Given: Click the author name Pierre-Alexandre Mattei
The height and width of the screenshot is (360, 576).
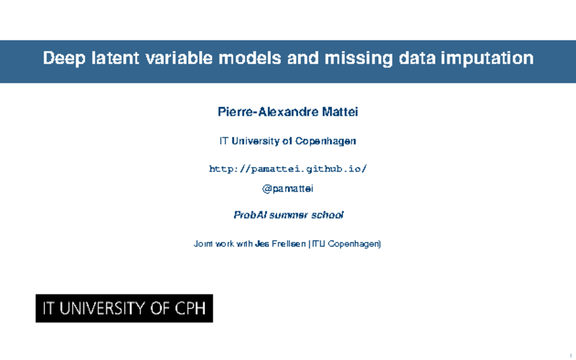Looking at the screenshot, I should click(288, 112).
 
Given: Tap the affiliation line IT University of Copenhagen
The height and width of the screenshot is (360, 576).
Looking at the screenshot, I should click(288, 141).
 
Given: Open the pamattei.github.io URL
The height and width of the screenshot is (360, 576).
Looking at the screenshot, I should click(288, 169).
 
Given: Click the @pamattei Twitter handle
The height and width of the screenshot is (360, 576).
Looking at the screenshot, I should click(288, 189).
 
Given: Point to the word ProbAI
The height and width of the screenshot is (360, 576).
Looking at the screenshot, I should click(250, 215).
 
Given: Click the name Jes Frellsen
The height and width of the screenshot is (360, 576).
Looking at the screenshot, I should click(280, 244).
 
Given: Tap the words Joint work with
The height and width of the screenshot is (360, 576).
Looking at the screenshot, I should click(223, 244).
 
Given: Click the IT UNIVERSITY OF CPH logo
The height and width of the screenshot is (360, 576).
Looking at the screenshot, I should click(124, 308).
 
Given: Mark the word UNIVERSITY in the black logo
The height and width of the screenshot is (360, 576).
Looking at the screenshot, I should click(101, 308).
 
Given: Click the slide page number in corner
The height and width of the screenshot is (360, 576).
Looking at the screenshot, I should click(571, 355).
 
